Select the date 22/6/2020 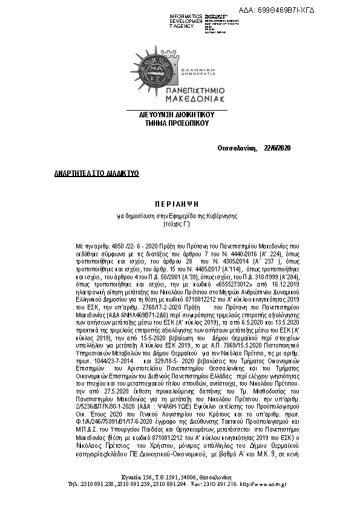click(278, 148)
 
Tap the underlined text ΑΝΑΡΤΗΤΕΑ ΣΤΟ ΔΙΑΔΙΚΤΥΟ click(96, 173)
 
